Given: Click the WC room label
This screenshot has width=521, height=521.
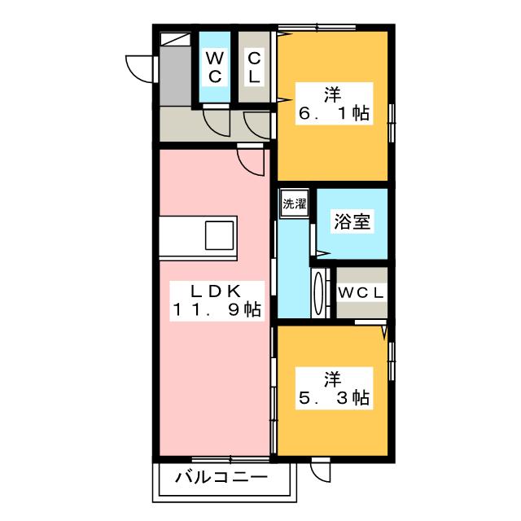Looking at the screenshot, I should pyautogui.click(x=215, y=67).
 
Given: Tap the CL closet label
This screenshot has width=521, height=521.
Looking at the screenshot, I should pyautogui.click(x=254, y=67).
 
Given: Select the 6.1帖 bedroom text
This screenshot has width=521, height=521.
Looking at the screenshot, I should pyautogui.click(x=334, y=103).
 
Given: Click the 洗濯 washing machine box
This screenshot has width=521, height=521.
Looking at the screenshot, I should pyautogui.click(x=295, y=205).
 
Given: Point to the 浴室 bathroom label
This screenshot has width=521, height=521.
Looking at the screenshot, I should pyautogui.click(x=352, y=222).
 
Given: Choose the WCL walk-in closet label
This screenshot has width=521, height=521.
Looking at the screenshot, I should pyautogui.click(x=361, y=292).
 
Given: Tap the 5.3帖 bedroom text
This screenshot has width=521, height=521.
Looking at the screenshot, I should pyautogui.click(x=332, y=388).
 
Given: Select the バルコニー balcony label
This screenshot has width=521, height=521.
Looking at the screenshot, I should pyautogui.click(x=221, y=478).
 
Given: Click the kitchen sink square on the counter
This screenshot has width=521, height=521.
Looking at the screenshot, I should pyautogui.click(x=220, y=235).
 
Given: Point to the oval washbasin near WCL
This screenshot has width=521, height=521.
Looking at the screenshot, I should pyautogui.click(x=317, y=293).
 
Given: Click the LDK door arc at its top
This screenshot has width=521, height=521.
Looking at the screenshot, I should pyautogui.click(x=251, y=160).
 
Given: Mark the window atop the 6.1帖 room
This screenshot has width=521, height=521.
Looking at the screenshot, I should pyautogui.click(x=317, y=28).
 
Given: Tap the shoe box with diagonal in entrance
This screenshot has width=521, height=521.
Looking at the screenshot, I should pyautogui.click(x=175, y=39).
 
